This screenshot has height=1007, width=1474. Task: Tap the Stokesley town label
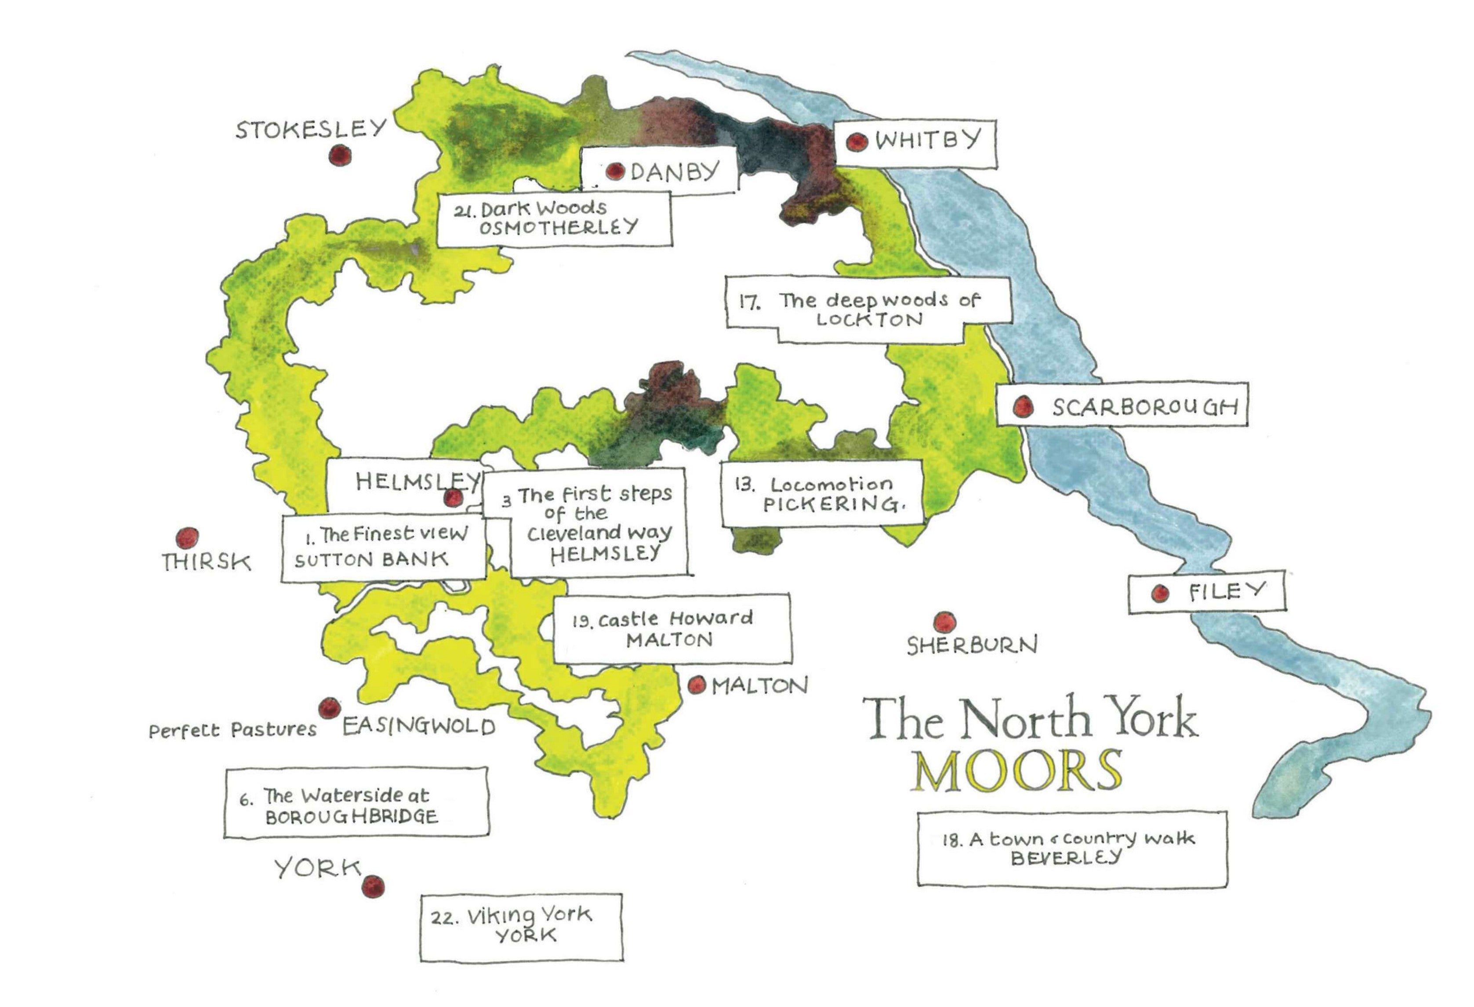pos(311,129)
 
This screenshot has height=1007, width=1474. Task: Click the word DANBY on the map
pos(675,171)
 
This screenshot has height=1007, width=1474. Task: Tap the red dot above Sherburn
pos(945,621)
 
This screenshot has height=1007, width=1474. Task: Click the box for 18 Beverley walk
pos(1071,848)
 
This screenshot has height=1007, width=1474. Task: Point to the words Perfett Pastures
pos(232,730)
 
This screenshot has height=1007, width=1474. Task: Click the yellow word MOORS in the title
pos(1016,771)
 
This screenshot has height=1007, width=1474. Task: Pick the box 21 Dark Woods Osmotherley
pos(554,218)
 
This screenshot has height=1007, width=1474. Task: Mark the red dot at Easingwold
pos(329,708)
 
